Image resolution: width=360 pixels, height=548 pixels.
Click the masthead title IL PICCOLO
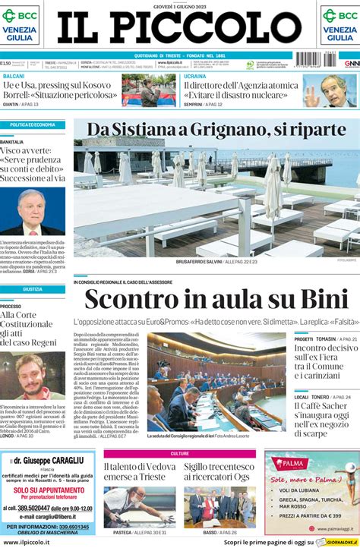179,29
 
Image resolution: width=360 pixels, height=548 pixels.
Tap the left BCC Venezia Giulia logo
21,25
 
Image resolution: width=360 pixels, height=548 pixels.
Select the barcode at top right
318,59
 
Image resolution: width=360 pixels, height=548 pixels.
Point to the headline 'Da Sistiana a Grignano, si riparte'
216,128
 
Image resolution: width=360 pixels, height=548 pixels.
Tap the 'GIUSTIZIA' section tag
33,289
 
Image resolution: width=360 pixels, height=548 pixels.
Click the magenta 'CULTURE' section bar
180,453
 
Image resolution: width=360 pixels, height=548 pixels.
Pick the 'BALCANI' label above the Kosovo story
14,76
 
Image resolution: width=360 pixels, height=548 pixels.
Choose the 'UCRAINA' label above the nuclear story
195,76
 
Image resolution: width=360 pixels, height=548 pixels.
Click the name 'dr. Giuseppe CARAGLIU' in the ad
53,460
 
